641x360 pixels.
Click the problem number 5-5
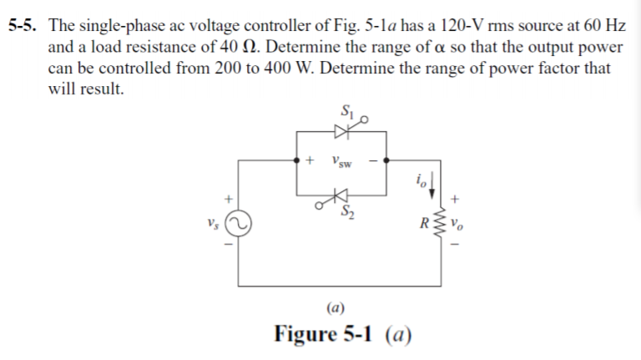23,27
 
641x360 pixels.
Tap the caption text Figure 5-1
327,334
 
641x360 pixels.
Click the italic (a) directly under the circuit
339,305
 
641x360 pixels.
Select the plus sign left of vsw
310,159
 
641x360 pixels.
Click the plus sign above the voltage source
225,200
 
